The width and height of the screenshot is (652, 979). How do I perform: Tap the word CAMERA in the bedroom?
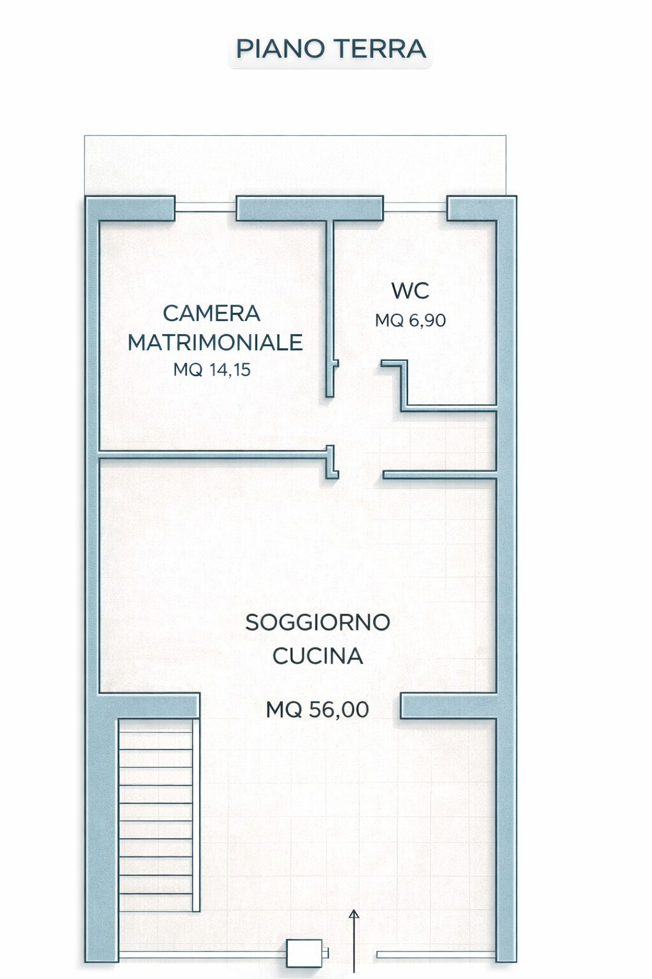[x=211, y=313]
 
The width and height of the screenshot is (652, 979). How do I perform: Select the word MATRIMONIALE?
[x=215, y=342]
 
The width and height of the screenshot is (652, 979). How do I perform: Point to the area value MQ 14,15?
[x=212, y=370]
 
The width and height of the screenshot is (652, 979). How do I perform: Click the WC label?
[x=410, y=291]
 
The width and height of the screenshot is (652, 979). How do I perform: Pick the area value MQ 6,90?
[x=410, y=321]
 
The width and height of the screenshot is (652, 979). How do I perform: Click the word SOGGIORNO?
[x=318, y=622]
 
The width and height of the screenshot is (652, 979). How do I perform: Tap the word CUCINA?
[x=318, y=656]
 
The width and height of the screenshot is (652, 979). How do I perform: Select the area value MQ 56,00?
[x=318, y=709]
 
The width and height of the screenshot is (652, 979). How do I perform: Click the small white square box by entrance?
[x=304, y=954]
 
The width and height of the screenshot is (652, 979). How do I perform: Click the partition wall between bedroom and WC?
[x=330, y=308]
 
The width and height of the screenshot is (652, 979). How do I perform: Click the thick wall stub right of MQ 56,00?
[x=448, y=706]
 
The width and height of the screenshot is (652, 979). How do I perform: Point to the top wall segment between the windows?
[x=309, y=208]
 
